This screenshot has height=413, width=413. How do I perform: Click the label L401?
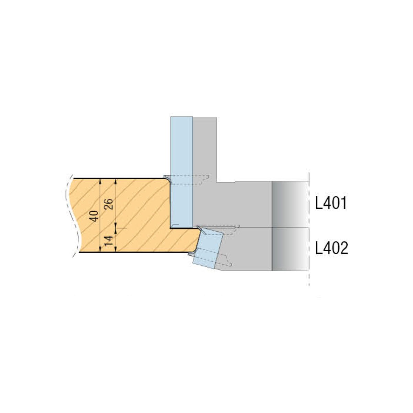pos(331,203)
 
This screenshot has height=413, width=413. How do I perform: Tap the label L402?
pos(331,248)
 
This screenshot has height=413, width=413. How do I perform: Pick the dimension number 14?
pos(109,241)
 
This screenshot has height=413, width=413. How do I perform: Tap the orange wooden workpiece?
pos(133,215)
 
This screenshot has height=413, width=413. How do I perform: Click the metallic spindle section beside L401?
pos(290,204)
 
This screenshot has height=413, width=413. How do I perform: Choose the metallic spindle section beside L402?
pos(290,249)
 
